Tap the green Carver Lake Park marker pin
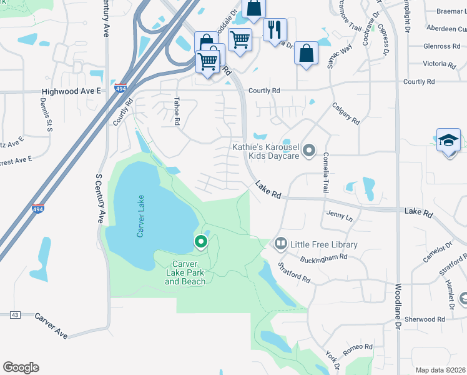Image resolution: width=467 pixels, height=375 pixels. point(201,241)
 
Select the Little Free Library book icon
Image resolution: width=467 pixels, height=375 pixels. point(280,244)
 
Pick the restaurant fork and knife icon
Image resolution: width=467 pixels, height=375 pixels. point(275,29)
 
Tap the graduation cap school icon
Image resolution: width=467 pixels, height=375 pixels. point(448,140)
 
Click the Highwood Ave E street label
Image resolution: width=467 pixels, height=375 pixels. point(72,91)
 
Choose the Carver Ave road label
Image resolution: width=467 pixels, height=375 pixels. point(51,326)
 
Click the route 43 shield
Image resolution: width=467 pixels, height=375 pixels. point(15,314)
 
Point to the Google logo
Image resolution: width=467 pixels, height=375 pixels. point(21,367)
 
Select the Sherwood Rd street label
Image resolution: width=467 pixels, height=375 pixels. point(424,319)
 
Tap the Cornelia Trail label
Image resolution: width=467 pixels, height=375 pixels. point(325,173)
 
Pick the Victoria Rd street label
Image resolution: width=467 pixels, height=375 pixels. point(439,64)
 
